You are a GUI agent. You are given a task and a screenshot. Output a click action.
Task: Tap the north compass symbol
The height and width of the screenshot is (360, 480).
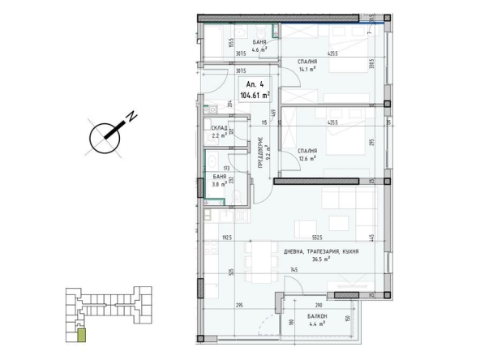pos(103,136)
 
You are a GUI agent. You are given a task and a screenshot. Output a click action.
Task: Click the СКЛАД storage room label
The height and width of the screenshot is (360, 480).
pos(219,129)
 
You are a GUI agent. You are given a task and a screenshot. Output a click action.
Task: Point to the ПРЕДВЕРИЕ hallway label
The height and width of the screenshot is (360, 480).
pos(260,149)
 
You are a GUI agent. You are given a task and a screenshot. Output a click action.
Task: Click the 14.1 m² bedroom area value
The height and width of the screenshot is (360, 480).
pos(306,69)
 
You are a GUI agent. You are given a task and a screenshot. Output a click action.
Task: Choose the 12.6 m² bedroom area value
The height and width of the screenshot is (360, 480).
pos(306,159)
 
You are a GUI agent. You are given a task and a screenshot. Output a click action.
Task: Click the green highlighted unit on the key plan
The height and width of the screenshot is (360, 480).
pos(79,332)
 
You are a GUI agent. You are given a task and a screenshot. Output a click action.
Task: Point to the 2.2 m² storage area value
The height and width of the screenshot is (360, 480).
pos(218,136)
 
